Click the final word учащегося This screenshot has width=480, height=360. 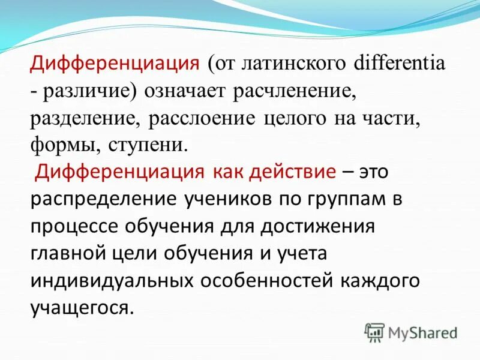79,308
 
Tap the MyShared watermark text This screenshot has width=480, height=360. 422,332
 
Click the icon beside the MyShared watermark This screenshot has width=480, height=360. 375,332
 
